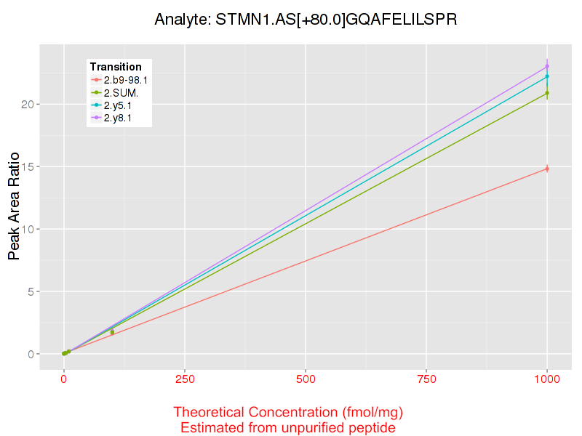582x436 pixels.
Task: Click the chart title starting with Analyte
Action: pyautogui.click(x=306, y=20)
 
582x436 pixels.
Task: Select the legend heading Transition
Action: pyautogui.click(x=116, y=67)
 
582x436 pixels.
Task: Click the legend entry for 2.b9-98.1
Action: pyautogui.click(x=126, y=80)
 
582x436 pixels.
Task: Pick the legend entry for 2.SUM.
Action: pyautogui.click(x=121, y=93)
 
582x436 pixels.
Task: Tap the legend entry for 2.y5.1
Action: pyautogui.click(x=118, y=105)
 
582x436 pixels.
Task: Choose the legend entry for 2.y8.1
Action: pyautogui.click(x=118, y=118)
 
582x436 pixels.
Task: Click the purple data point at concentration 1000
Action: pyautogui.click(x=547, y=66)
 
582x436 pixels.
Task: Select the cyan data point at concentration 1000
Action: pyautogui.click(x=547, y=76)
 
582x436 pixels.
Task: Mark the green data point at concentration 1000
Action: pyautogui.click(x=547, y=93)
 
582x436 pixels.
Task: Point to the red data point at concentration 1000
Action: pyautogui.click(x=547, y=169)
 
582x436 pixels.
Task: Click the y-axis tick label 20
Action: pyautogui.click(x=28, y=105)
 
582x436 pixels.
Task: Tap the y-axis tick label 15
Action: pyautogui.click(x=28, y=167)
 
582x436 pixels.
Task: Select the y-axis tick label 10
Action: pyautogui.click(x=28, y=230)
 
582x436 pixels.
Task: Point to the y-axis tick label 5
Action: pyautogui.click(x=31, y=292)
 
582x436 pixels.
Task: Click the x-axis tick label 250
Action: pyautogui.click(x=185, y=379)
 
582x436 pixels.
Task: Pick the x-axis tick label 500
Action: pyautogui.click(x=306, y=379)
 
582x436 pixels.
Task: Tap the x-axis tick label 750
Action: pyautogui.click(x=426, y=379)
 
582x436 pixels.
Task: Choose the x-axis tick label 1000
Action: pyautogui.click(x=547, y=379)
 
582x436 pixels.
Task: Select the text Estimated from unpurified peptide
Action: pyautogui.click(x=288, y=428)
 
